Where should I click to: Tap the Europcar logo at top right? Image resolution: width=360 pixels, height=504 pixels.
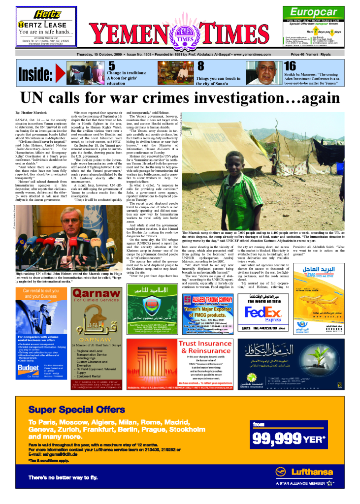point(313,13)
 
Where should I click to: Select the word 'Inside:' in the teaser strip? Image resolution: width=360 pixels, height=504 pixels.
point(35,74)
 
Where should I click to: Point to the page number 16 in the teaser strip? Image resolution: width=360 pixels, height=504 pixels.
point(290,66)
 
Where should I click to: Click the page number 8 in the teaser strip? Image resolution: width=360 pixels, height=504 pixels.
point(200,66)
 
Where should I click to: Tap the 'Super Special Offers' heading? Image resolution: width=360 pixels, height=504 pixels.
point(76,409)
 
